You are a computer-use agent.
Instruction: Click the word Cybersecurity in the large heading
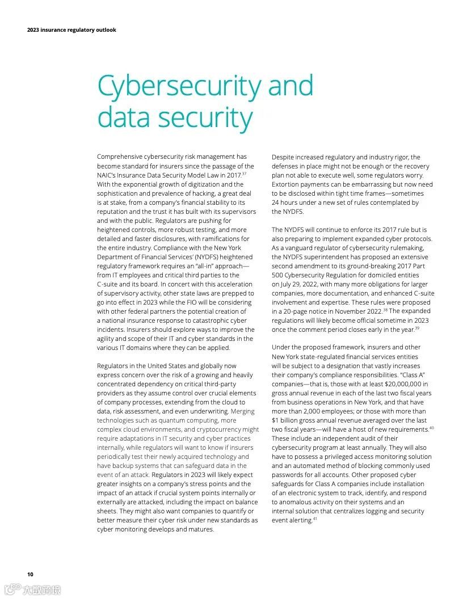tap(179, 86)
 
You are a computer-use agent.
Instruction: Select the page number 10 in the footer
tap(30, 574)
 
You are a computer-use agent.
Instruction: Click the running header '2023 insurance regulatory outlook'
tap(71, 30)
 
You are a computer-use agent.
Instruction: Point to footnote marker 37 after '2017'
tap(244, 174)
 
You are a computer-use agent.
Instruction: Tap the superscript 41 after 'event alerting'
tap(315, 518)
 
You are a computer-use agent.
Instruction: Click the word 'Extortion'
tap(287, 184)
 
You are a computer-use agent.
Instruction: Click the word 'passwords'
tap(290, 475)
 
